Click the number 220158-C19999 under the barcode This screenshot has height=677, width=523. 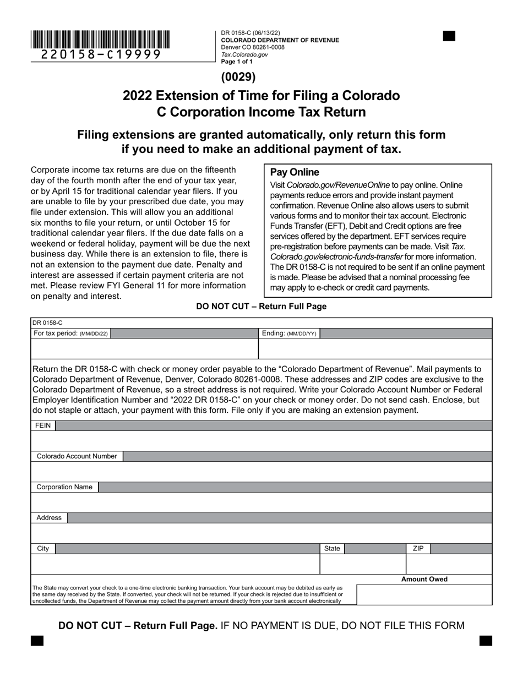[x=101, y=54]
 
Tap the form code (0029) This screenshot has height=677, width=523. [x=238, y=77]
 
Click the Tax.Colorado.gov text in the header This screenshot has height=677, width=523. [x=244, y=54]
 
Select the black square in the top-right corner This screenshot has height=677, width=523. [x=449, y=36]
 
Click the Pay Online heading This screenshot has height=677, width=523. [x=295, y=172]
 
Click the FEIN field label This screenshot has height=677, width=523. [x=43, y=425]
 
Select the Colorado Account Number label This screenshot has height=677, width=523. [x=77, y=456]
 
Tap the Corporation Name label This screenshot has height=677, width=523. [x=64, y=487]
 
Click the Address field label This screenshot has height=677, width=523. [x=49, y=518]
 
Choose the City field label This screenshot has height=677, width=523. [x=43, y=549]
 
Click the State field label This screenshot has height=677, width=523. [x=332, y=549]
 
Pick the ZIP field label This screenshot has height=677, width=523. [x=418, y=549]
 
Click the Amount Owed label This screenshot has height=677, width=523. [x=424, y=579]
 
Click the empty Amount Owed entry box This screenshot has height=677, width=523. [x=424, y=594]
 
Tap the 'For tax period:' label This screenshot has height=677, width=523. [x=71, y=334]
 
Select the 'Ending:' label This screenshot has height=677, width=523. [x=289, y=334]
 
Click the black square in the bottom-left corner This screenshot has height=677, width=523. [x=37, y=641]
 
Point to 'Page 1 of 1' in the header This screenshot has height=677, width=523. [x=237, y=62]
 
